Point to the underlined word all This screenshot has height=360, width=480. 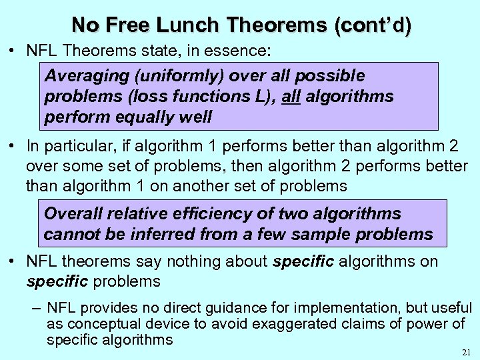coord(291,96)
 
